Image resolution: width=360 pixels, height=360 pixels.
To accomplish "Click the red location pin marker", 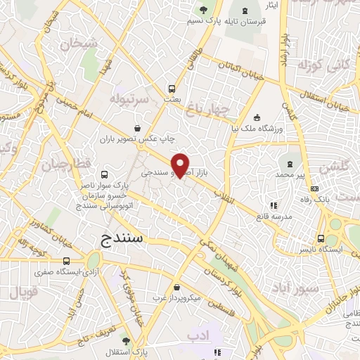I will point(181,165).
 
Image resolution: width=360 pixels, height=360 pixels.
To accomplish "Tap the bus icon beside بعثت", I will point(172,89).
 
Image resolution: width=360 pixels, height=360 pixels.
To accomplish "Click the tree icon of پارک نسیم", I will point(203,10).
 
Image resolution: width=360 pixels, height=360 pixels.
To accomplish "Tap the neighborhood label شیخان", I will point(77,44).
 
